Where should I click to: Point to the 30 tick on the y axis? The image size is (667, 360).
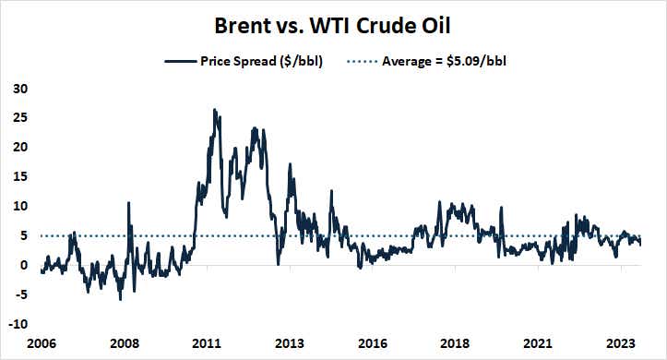(x=20, y=89)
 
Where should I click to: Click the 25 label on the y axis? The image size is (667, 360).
(x=20, y=118)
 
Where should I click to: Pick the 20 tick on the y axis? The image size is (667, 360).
(x=20, y=148)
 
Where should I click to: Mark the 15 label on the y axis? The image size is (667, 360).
(x=20, y=177)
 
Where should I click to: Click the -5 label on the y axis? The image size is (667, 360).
(x=19, y=295)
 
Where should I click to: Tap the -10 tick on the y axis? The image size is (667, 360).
(x=18, y=325)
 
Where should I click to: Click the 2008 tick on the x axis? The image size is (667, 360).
(x=125, y=342)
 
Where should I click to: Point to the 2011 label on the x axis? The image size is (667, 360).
(x=207, y=342)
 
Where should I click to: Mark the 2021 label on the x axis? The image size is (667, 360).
(x=541, y=342)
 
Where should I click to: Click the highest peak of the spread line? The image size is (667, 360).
(x=215, y=110)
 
